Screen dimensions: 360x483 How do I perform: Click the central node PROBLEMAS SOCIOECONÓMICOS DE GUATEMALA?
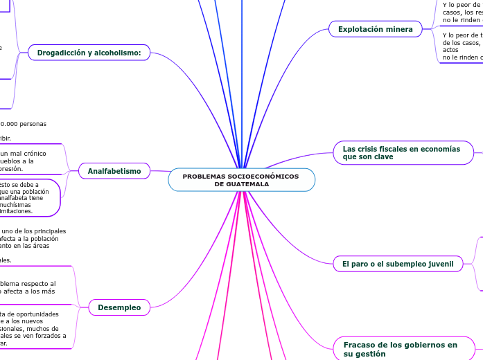[241, 181]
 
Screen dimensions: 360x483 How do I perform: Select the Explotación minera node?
[375, 29]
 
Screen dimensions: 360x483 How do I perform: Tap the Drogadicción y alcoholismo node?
[89, 53]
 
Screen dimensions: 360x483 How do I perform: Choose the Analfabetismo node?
[114, 171]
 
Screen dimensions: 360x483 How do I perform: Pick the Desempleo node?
[119, 307]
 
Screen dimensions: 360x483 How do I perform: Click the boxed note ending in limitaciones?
[30, 198]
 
